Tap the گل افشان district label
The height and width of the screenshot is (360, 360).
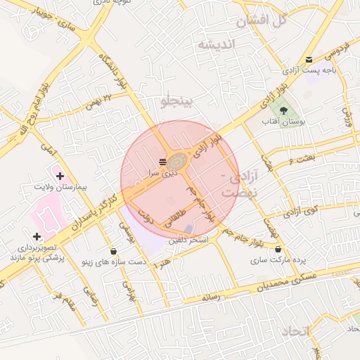(x=262, y=20)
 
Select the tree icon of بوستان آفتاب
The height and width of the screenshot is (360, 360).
(x=283, y=110)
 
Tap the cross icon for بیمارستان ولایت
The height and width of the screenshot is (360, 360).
(x=60, y=176)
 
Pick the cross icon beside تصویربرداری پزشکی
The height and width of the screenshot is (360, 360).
(x=37, y=236)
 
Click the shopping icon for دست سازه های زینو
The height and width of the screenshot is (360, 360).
(x=114, y=251)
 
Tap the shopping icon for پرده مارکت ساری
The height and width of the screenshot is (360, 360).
(x=278, y=249)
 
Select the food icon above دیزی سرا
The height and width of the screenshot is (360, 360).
(x=163, y=162)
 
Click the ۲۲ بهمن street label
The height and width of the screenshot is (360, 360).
(x=98, y=103)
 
